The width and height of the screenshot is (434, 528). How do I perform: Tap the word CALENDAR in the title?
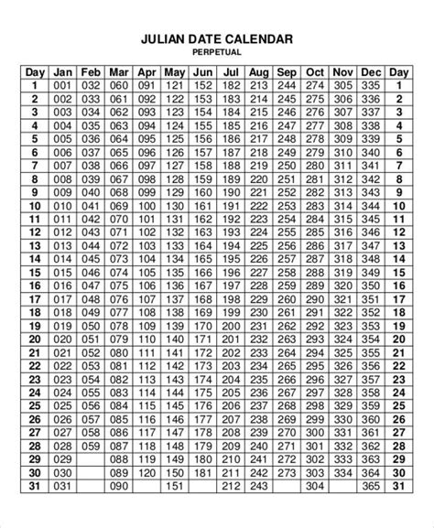[x=258, y=39]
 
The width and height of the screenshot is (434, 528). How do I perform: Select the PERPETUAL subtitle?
[x=217, y=54]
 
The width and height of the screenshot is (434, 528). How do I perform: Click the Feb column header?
[x=91, y=72]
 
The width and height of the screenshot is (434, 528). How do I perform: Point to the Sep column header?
[x=287, y=72]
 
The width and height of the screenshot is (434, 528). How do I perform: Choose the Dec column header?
[x=371, y=72]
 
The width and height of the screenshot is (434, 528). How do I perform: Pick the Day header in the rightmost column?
[x=399, y=72]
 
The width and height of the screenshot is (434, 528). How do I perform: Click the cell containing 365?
[x=371, y=512]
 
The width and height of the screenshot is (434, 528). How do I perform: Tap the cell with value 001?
[x=62, y=86]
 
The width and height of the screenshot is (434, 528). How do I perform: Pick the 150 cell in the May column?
[x=175, y=498]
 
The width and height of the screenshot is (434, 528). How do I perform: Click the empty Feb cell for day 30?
[x=91, y=498]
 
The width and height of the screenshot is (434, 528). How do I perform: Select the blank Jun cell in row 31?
[x=202, y=512]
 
